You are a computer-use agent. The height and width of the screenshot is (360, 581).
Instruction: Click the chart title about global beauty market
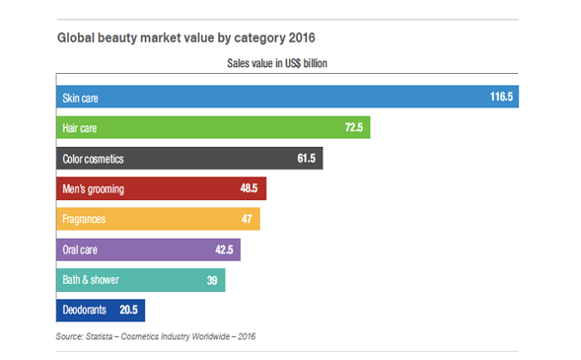click(186, 38)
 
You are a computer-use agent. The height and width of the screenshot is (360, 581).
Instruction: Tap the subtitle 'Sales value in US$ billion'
click(281, 63)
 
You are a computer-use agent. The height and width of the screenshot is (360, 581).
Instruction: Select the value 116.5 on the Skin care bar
click(501, 97)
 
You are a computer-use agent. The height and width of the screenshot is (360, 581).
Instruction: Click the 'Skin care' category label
click(81, 97)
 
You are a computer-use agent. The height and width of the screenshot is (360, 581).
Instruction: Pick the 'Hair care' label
click(81, 128)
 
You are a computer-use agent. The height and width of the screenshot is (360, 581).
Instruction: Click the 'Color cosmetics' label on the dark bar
click(93, 158)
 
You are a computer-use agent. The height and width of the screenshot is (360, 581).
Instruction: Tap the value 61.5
click(306, 158)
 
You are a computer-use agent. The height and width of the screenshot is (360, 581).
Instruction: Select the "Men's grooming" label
click(93, 189)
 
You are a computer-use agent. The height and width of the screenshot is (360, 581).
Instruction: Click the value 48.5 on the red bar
click(249, 189)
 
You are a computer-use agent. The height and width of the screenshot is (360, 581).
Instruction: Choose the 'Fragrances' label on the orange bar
click(85, 220)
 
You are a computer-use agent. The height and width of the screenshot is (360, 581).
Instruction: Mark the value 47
click(247, 220)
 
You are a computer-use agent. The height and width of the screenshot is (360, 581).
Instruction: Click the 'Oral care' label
click(81, 250)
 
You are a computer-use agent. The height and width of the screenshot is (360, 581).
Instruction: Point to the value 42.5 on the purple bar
click(224, 250)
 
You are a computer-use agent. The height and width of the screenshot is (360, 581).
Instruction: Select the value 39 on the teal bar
click(212, 280)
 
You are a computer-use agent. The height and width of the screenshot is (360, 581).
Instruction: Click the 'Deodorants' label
click(85, 310)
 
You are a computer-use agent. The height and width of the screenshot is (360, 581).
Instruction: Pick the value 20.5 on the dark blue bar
click(129, 310)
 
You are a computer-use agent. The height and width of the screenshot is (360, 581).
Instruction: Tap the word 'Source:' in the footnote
click(69, 336)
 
